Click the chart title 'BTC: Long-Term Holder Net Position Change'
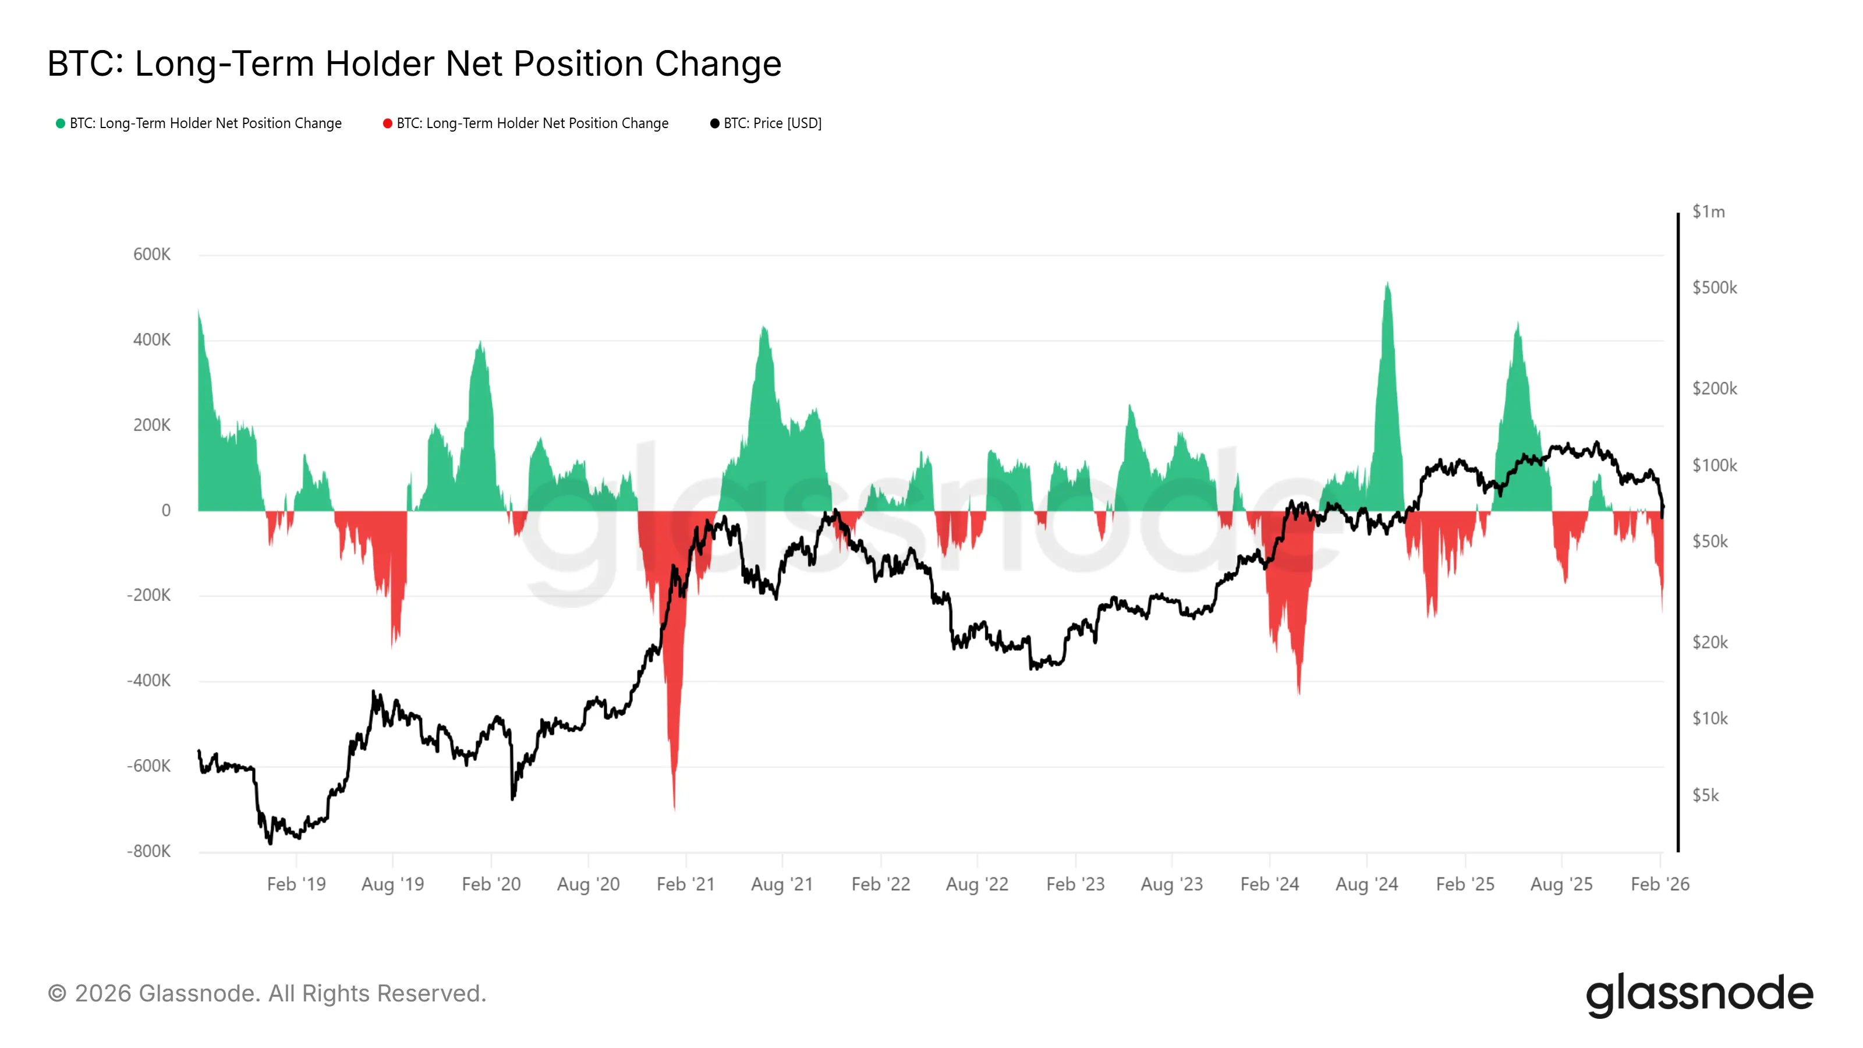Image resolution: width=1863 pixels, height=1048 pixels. (415, 63)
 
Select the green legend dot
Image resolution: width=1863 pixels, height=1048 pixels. (61, 123)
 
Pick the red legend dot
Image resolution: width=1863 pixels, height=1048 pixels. (388, 123)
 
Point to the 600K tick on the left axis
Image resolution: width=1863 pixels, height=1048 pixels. (152, 254)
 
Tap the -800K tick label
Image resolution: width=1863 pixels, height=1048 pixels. (149, 851)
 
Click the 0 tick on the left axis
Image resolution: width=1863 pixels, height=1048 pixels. (167, 511)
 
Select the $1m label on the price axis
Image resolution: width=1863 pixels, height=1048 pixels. (1708, 212)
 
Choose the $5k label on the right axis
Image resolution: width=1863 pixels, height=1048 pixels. (1705, 795)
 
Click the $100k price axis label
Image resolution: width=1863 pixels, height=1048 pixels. (1714, 466)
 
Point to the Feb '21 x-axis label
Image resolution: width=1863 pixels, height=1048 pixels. (686, 884)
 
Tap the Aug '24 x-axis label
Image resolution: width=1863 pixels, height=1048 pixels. (1366, 884)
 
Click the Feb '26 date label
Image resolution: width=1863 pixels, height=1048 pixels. (1660, 884)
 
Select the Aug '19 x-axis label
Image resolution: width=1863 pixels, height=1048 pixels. (393, 884)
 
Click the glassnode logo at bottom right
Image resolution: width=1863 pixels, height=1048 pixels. (1699, 994)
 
